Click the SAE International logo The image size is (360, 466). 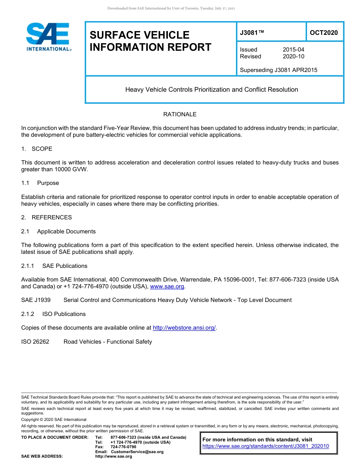(48, 37)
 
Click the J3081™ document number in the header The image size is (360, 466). (252, 33)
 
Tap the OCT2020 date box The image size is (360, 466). (324, 33)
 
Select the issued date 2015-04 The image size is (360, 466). (293, 50)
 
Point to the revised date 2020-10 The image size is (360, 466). (293, 56)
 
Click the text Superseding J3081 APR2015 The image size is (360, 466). (279, 70)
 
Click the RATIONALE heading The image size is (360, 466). (180, 114)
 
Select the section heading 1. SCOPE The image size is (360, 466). (37, 149)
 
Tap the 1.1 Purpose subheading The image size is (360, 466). (40, 183)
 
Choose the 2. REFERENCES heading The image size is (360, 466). (47, 217)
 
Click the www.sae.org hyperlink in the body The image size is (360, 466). (167, 287)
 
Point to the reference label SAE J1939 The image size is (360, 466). (36, 300)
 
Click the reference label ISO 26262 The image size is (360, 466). (35, 342)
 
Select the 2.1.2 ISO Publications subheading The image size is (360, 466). (53, 314)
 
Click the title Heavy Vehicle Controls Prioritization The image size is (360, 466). (211, 90)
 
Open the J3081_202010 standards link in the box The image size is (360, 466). (266, 446)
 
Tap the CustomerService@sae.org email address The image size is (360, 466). (137, 452)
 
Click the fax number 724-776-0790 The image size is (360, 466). (123, 447)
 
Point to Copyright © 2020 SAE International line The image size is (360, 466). (54, 419)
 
